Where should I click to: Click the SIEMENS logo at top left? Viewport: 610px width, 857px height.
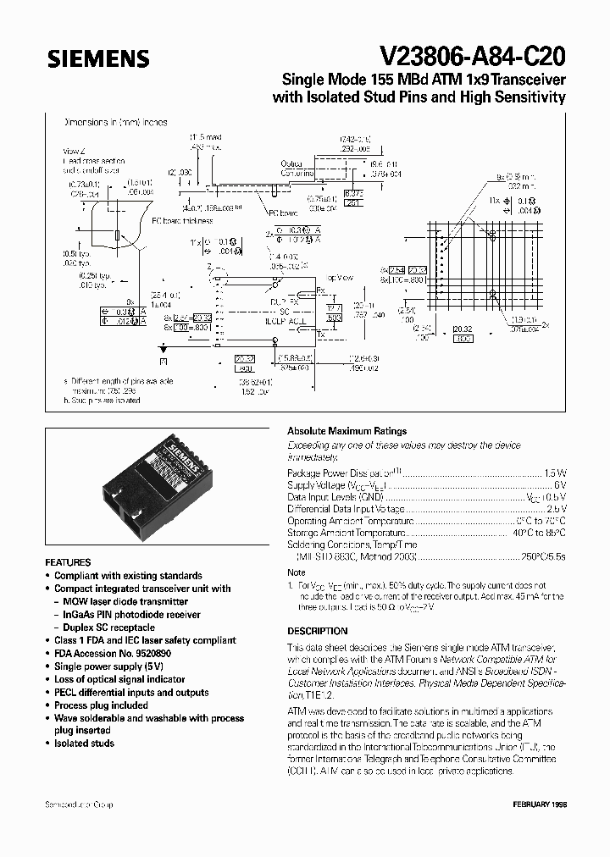coord(98,59)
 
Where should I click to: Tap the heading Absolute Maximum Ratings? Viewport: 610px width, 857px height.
coord(347,431)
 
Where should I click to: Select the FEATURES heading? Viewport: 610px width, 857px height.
coord(68,562)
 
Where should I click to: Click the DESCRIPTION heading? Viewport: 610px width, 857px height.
coord(318,631)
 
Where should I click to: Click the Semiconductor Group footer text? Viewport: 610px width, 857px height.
coord(79,804)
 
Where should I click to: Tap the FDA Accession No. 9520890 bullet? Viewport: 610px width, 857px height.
coord(108,654)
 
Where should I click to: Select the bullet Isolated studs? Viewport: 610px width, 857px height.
coord(84,744)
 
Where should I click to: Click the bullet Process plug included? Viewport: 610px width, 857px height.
coord(101,705)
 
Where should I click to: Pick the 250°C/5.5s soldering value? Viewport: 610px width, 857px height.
coord(542,559)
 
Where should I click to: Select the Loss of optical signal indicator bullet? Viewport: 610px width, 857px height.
coord(119,679)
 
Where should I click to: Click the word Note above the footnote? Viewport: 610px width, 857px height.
coord(297,572)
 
